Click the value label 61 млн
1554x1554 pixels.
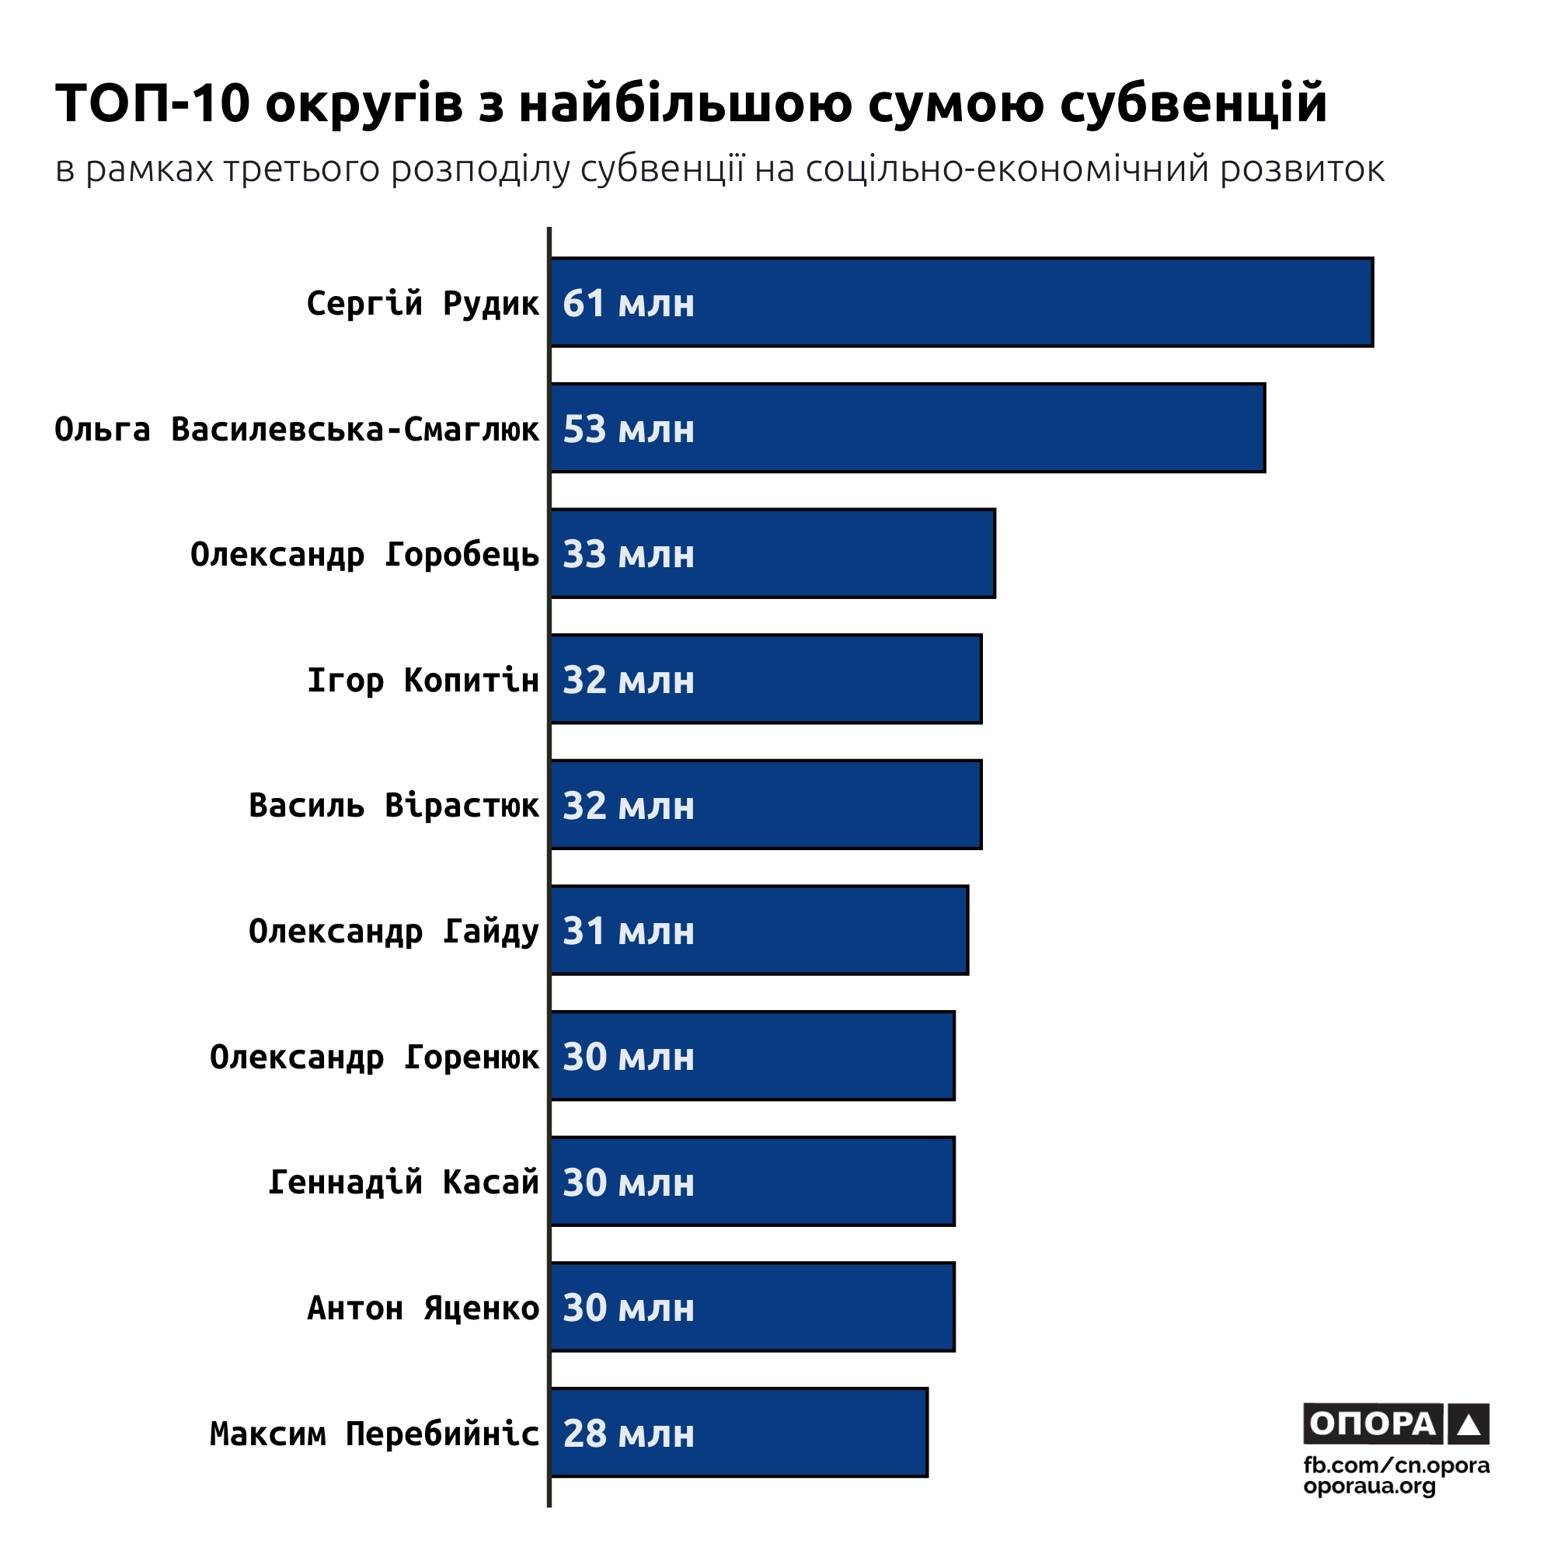click(x=628, y=304)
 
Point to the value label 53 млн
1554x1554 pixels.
click(x=628, y=430)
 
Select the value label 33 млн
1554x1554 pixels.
click(x=628, y=555)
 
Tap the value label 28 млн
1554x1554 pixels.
click(x=628, y=1434)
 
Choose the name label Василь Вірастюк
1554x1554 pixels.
click(x=393, y=806)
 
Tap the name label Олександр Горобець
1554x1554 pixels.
click(x=364, y=555)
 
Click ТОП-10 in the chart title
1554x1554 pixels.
click(x=153, y=104)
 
